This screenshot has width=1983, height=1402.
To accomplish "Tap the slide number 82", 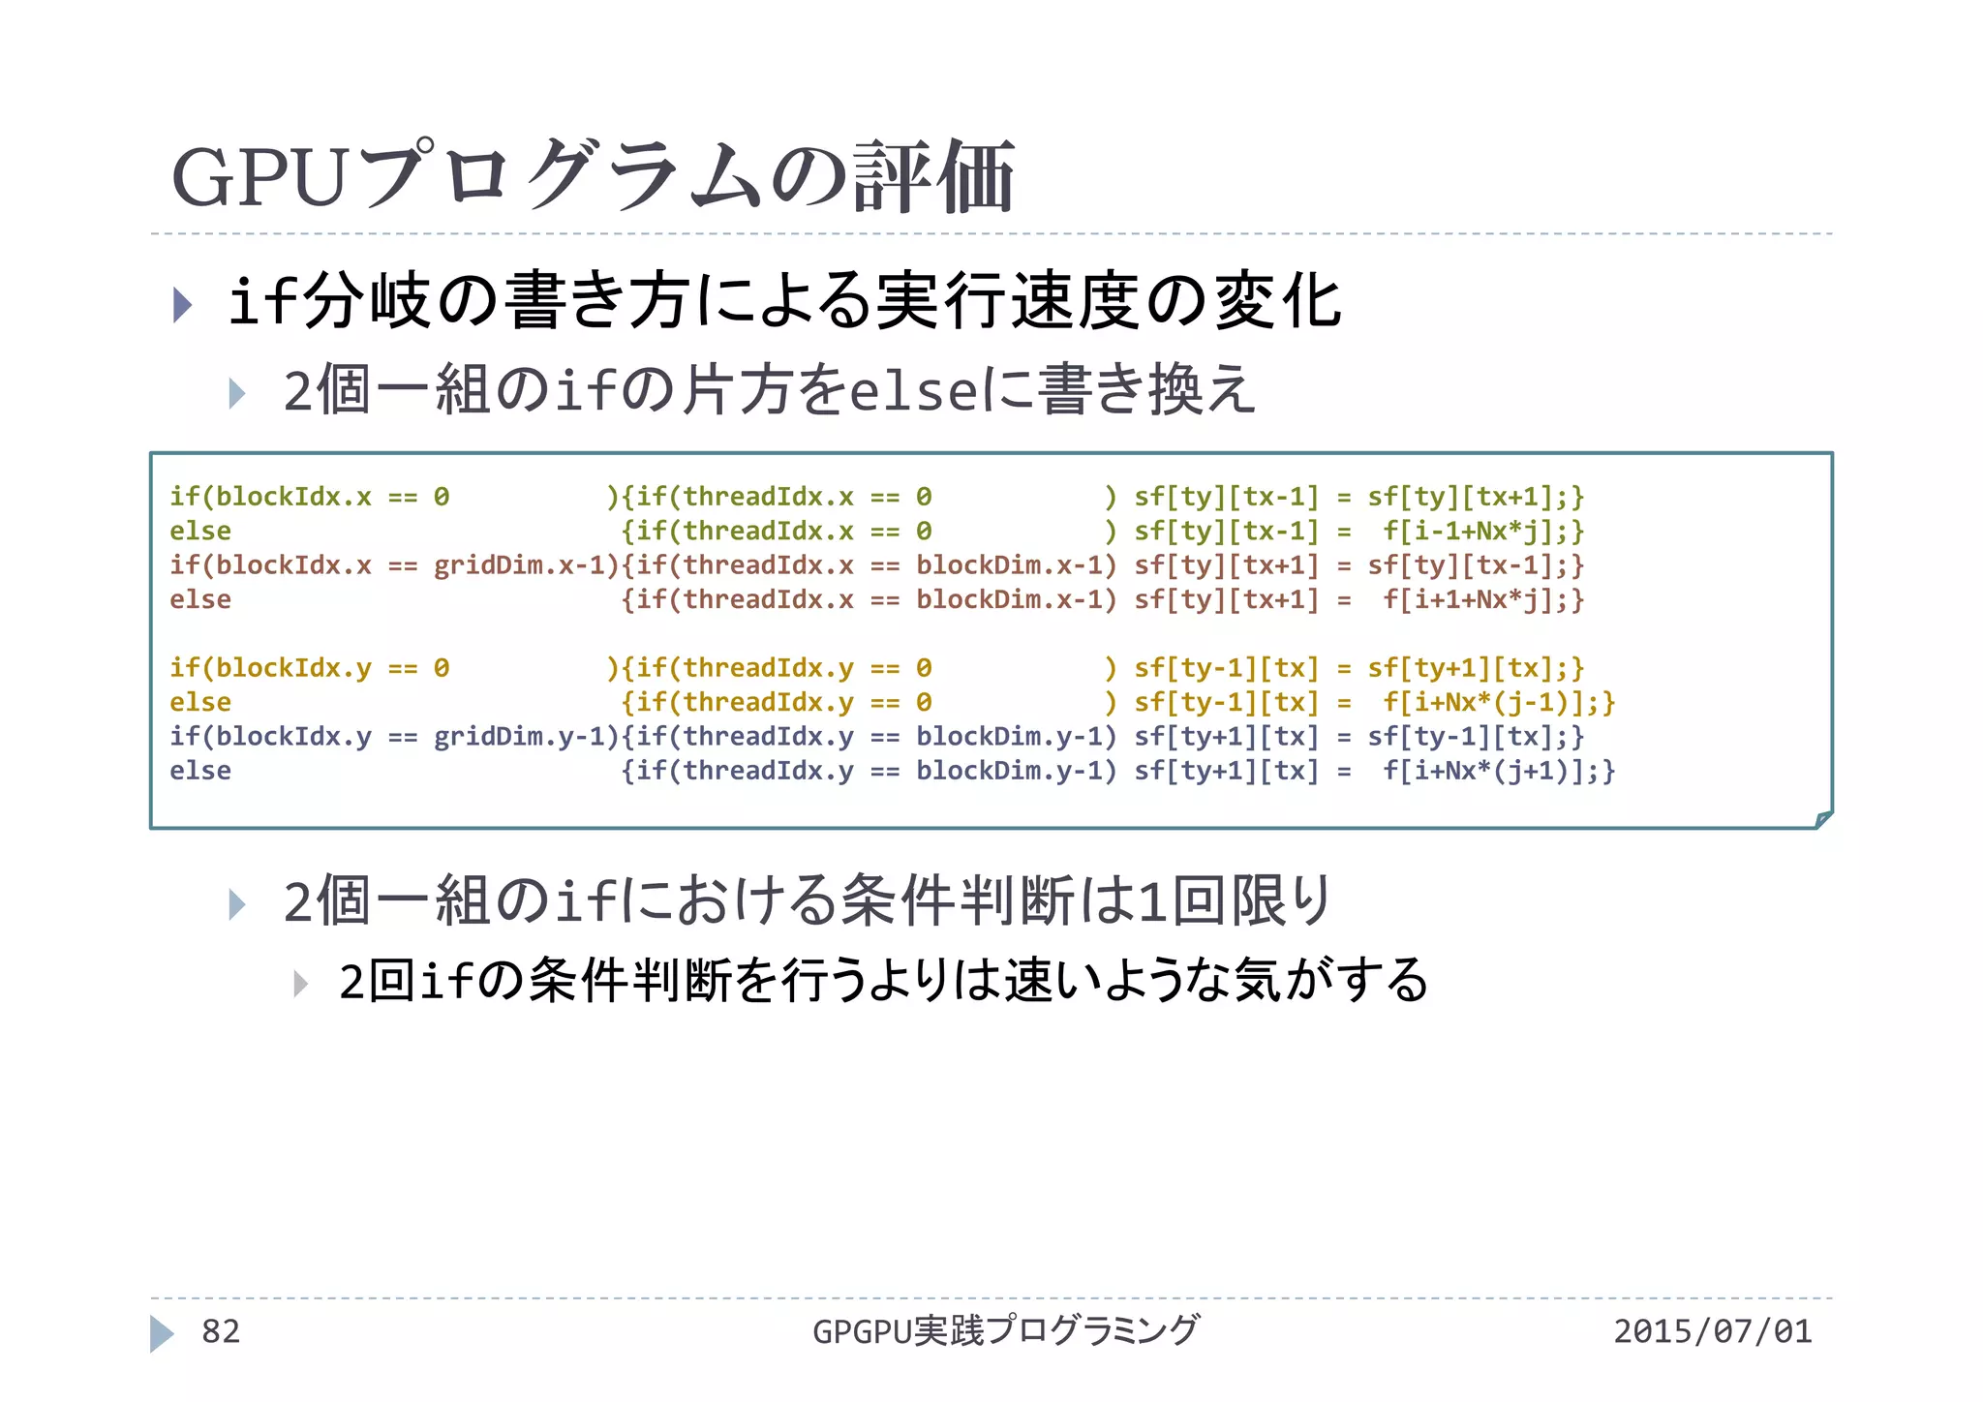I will [221, 1331].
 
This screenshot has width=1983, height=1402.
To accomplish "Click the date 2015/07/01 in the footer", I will [1712, 1331].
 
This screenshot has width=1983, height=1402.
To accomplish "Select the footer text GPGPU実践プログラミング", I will [1005, 1331].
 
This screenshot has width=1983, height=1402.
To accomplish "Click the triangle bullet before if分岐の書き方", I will [182, 304].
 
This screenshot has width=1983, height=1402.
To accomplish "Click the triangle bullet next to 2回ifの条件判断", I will [301, 984].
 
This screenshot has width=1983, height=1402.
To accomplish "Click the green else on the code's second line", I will [200, 532].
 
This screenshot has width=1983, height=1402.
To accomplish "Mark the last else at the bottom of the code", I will [200, 772].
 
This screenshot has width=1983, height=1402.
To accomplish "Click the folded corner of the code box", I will [1822, 819].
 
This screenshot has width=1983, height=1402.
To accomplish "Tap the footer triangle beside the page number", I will [162, 1333].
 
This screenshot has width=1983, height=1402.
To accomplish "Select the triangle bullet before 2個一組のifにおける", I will [237, 904].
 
